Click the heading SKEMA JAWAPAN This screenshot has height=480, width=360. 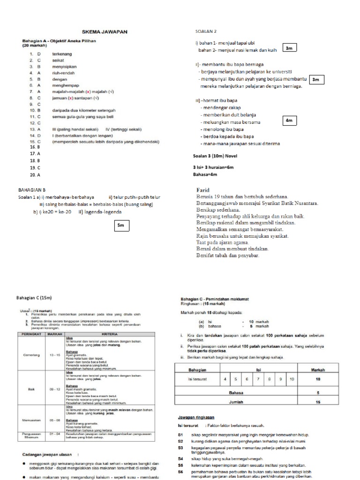click(105, 32)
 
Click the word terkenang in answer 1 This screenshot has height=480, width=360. click(62, 54)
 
